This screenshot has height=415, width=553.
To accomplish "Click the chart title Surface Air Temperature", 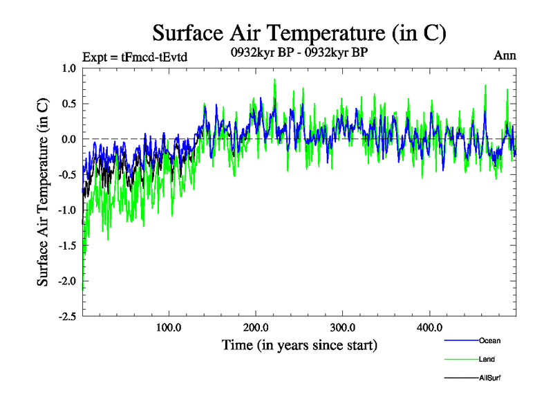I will pyautogui.click(x=299, y=33).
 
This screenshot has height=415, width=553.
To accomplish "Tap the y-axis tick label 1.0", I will pyautogui.click(x=68, y=68).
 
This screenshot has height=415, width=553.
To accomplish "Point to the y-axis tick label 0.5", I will pyautogui.click(x=68, y=104).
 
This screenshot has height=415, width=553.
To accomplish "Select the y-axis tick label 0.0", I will pyautogui.click(x=68, y=139).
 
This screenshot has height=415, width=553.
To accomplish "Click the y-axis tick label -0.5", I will pyautogui.click(x=66, y=174).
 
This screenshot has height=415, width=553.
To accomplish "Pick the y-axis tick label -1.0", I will pyautogui.click(x=66, y=210).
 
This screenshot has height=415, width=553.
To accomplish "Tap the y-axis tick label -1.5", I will pyautogui.click(x=66, y=246).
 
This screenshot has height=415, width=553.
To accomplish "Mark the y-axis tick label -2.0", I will pyautogui.click(x=66, y=281).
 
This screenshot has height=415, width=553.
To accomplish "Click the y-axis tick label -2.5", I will pyautogui.click(x=66, y=317).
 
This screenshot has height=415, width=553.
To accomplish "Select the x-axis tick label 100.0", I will pyautogui.click(x=169, y=327).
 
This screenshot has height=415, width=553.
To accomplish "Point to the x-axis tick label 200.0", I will pyautogui.click(x=256, y=327).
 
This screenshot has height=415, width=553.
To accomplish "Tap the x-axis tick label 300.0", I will pyautogui.click(x=343, y=327).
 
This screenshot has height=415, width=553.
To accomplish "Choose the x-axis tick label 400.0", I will pyautogui.click(x=430, y=327).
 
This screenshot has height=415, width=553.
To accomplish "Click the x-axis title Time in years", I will pyautogui.click(x=299, y=344).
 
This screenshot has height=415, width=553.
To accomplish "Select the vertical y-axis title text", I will pyautogui.click(x=43, y=192).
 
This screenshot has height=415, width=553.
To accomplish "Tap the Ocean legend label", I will pyautogui.click(x=489, y=340).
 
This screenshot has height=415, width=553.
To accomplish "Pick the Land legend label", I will pyautogui.click(x=487, y=359).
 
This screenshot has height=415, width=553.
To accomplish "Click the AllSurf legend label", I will pyautogui.click(x=489, y=378).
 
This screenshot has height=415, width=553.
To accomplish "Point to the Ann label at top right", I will pyautogui.click(x=505, y=56).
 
